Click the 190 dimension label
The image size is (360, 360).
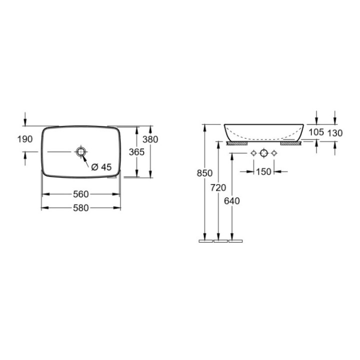[x=24, y=139]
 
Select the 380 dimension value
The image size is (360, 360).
[x=150, y=139]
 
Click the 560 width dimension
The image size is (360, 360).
[x=80, y=194]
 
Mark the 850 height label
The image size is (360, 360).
[x=204, y=173]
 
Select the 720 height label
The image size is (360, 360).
[x=218, y=187]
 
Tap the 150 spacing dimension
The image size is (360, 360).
[x=263, y=171]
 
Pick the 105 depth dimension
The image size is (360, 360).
[x=316, y=132]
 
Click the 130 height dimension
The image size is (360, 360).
[x=334, y=132]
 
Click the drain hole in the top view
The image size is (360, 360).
[x=80, y=151]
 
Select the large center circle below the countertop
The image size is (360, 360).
[x=263, y=153]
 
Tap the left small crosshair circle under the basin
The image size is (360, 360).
[x=253, y=153]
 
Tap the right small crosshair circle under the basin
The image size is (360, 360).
[x=274, y=153]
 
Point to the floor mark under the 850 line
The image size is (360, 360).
[x=205, y=241]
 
